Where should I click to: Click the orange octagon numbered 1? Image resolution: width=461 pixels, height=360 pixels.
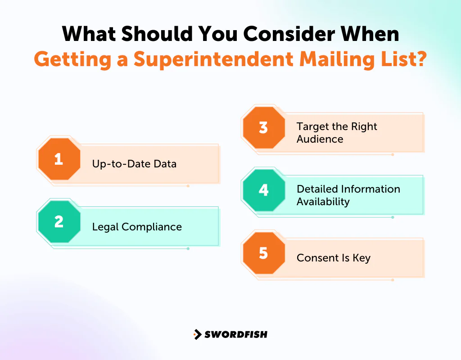[59, 159]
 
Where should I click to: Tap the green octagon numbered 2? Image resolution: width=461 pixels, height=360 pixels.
[59, 222]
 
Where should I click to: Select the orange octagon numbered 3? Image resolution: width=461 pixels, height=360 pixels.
[263, 127]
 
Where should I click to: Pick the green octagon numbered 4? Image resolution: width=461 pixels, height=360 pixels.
[263, 190]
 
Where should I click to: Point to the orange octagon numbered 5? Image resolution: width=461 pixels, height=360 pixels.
[263, 253]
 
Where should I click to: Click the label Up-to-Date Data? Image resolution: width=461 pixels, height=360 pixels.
[134, 164]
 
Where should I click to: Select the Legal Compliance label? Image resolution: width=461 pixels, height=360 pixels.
[137, 227]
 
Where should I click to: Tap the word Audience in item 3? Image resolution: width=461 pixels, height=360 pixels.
[320, 139]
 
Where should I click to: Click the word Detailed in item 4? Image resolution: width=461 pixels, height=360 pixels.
[317, 189]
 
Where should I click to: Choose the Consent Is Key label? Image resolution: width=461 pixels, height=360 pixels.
[333, 258]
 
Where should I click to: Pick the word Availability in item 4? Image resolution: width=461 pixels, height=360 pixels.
[323, 202]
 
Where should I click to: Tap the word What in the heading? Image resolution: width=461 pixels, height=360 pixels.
[90, 34]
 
